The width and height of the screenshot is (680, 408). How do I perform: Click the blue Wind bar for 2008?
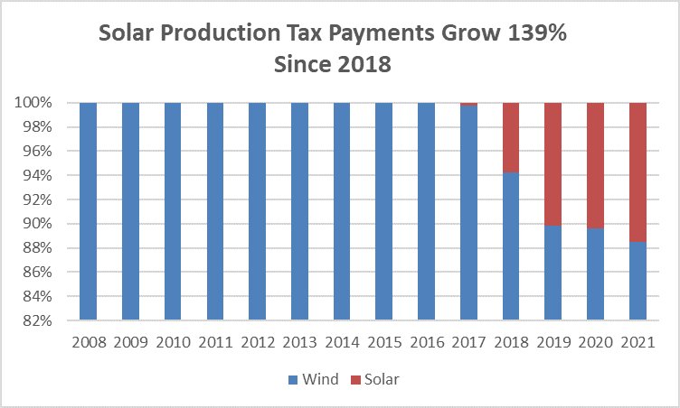tap(89, 211)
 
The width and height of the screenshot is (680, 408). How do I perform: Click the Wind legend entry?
tap(314, 380)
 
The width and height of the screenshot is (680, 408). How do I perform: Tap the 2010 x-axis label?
tap(174, 344)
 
